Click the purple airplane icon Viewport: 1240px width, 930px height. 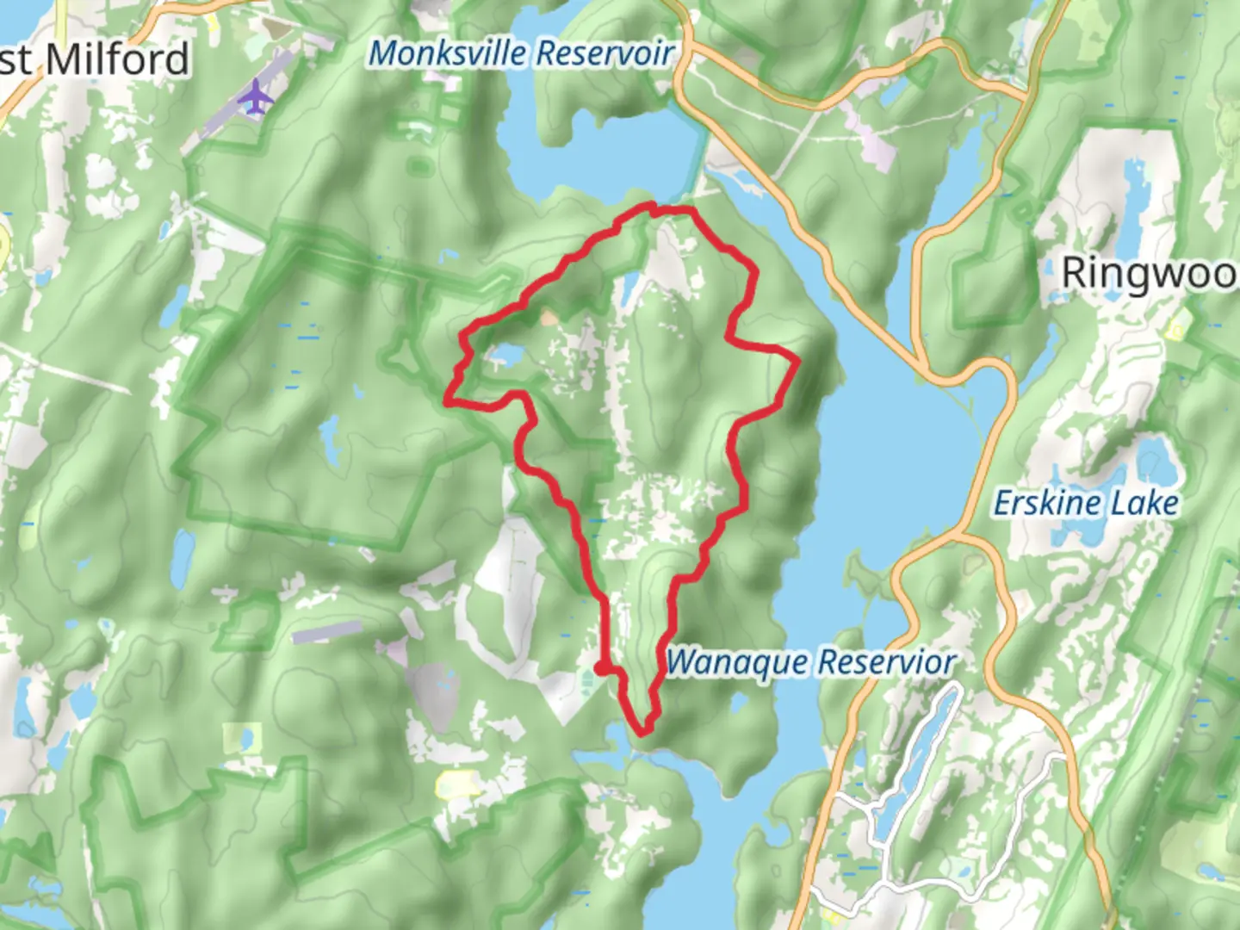point(255,97)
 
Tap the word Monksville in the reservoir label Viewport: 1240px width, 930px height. point(443,53)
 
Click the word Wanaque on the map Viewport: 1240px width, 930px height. point(737,662)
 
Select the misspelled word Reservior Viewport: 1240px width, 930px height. point(886,662)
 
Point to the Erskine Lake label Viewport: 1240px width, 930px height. point(1085,503)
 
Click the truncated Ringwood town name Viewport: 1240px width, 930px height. point(1150,273)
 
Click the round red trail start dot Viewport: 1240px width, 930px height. point(600,667)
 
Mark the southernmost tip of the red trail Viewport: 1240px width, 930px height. point(642,733)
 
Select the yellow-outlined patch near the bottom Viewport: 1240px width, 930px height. point(457,784)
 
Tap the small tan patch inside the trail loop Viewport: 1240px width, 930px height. point(548,318)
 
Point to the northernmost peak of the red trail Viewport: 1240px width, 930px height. point(651,205)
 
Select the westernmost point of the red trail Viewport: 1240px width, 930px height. point(446,400)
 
